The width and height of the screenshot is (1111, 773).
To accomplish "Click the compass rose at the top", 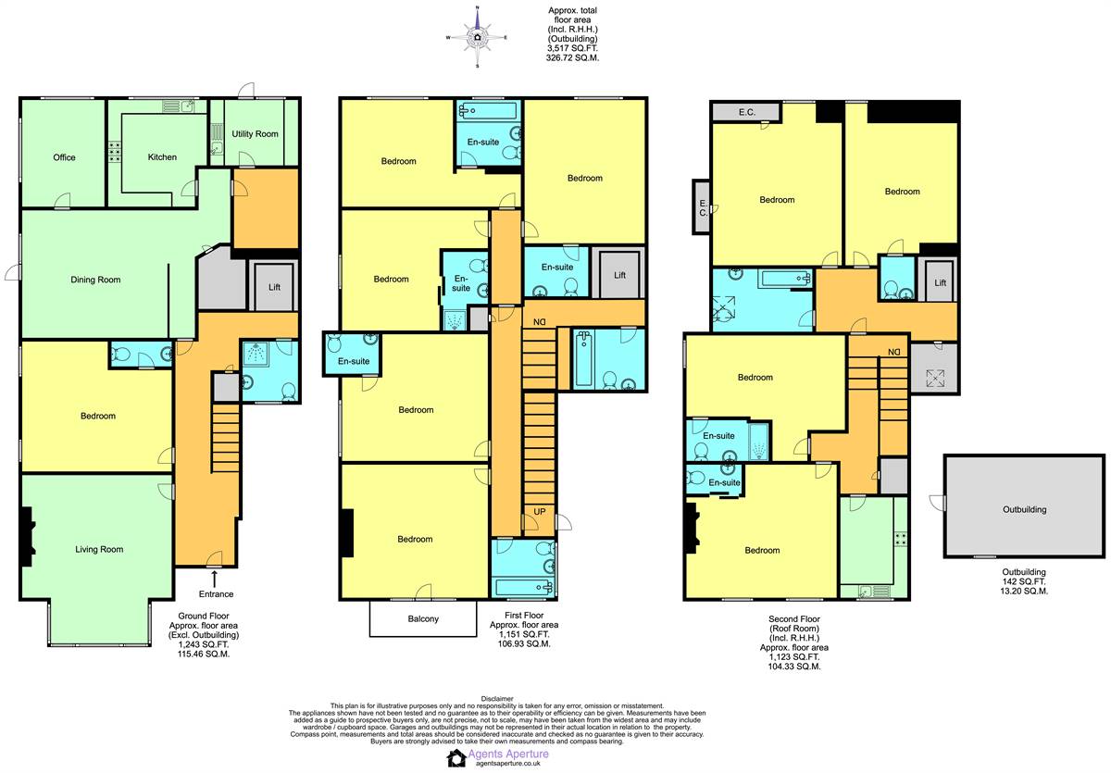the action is click(477, 37).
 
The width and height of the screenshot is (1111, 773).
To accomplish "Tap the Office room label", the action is click(65, 157).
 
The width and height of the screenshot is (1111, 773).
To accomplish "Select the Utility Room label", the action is click(255, 134).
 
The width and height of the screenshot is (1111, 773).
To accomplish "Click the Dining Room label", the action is click(95, 280).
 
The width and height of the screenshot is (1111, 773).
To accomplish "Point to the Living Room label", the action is click(99, 549).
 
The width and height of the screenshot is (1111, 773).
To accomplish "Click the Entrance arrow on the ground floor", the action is click(214, 579).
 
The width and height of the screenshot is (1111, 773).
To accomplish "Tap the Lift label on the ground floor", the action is click(274, 287).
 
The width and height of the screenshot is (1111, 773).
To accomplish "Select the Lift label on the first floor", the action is click(620, 275).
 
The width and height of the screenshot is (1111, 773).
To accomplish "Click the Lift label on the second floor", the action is click(941, 282).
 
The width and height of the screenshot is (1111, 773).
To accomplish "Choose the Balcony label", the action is click(423, 618).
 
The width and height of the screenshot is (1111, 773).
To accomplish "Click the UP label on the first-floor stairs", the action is click(540, 512).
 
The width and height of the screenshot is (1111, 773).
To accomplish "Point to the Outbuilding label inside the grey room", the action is click(1024, 509).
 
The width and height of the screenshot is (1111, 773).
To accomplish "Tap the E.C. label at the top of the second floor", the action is click(747, 112).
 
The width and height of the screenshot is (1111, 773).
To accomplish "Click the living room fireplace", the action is click(27, 537).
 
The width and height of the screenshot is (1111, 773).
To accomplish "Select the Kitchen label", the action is click(162, 157).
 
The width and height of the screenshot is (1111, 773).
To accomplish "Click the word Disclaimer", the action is click(497, 699).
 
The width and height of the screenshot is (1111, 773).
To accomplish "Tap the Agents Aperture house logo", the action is click(456, 758).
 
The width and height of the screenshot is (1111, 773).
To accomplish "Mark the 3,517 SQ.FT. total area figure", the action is click(572, 48).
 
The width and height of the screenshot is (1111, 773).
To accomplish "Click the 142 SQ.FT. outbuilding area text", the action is click(1024, 581).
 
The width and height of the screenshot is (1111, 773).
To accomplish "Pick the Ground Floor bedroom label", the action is click(98, 416).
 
